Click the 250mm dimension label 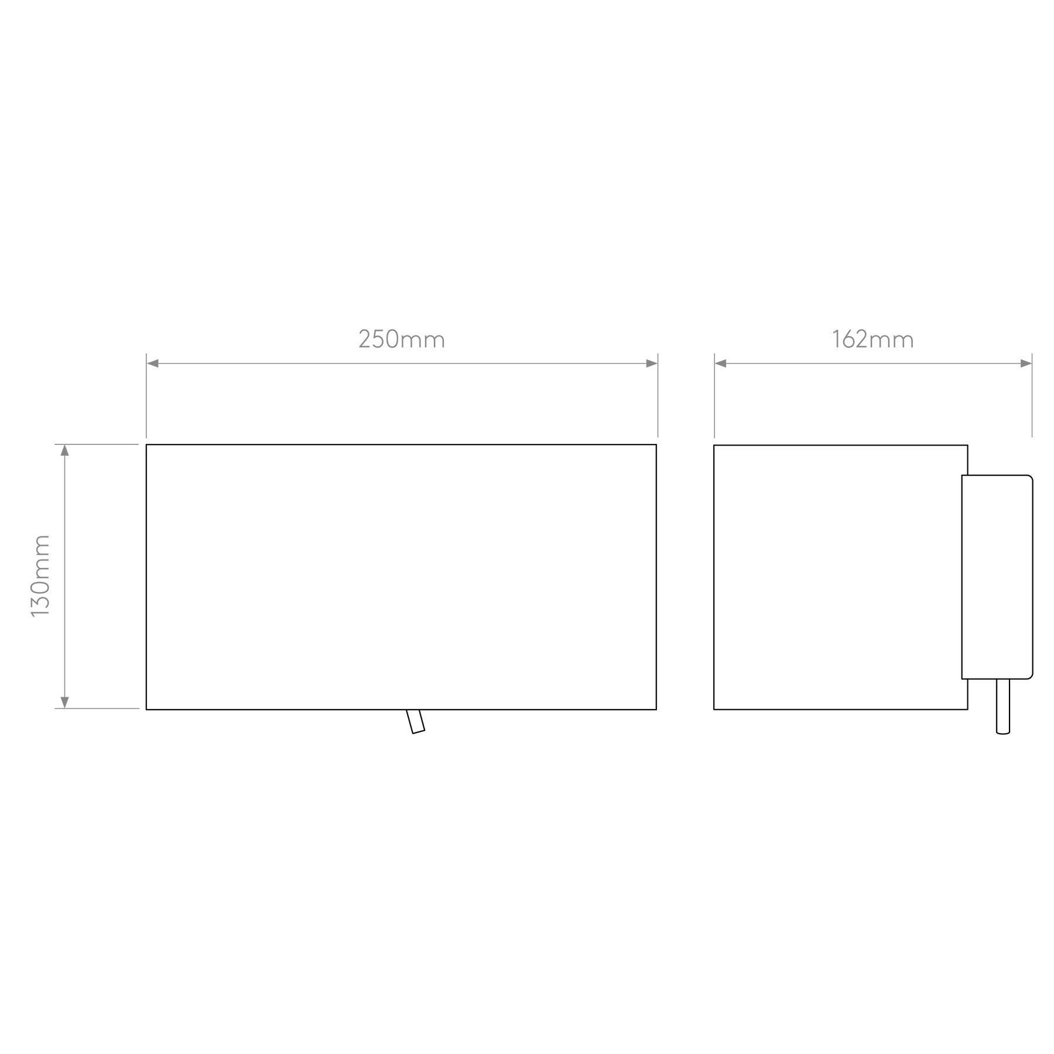pyautogui.click(x=402, y=340)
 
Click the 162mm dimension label pyautogui.click(x=872, y=340)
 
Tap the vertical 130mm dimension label pyautogui.click(x=40, y=576)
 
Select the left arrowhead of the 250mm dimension pyautogui.click(x=152, y=364)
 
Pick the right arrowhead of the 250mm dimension pyautogui.click(x=652, y=364)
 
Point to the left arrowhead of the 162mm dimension pyautogui.click(x=721, y=364)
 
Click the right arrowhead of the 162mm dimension pyautogui.click(x=1026, y=364)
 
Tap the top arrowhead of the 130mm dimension pyautogui.click(x=65, y=450)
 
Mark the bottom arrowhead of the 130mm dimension pyautogui.click(x=65, y=703)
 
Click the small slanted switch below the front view pyautogui.click(x=416, y=721)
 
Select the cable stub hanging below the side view pyautogui.click(x=1003, y=706)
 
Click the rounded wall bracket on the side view pyautogui.click(x=997, y=577)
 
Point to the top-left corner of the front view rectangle pyautogui.click(x=146, y=444)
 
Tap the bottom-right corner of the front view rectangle pyautogui.click(x=656, y=710)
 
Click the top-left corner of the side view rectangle pyautogui.click(x=714, y=445)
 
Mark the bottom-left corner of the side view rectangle pyautogui.click(x=714, y=710)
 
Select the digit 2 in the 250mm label pyautogui.click(x=365, y=340)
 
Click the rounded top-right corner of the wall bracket pyautogui.click(x=1031, y=478)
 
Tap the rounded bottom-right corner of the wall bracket pyautogui.click(x=1031, y=676)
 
